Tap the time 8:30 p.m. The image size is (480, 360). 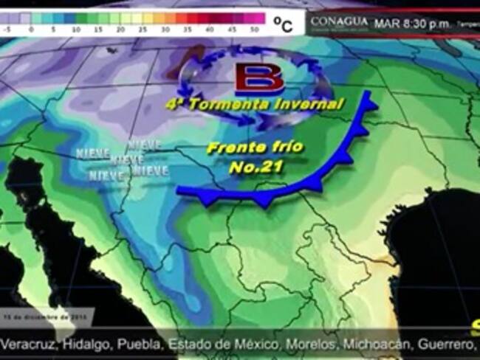pos(429,23)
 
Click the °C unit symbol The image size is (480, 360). pos(283,25)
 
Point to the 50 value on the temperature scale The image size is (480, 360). pos(254,30)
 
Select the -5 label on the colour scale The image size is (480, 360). pos(7,30)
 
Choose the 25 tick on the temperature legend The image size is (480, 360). pos(143,30)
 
